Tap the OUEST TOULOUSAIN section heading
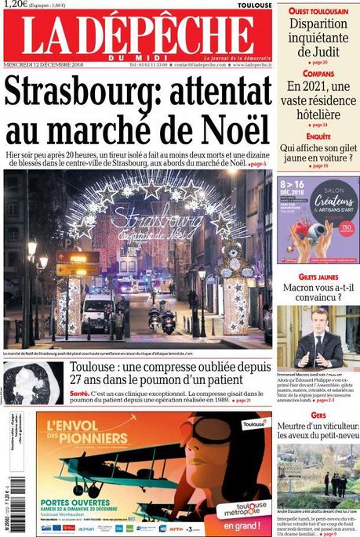(x=317, y=12)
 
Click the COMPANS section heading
(x=318, y=74)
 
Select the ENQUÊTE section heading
(x=318, y=136)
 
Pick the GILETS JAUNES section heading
(x=318, y=278)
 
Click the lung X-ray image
(x=34, y=383)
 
